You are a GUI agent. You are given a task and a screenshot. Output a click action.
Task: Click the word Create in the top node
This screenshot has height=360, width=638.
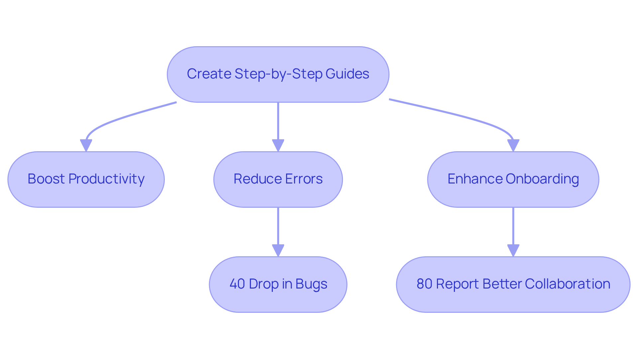click(x=209, y=74)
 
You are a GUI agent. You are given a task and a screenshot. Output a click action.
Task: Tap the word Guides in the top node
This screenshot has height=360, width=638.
click(x=347, y=74)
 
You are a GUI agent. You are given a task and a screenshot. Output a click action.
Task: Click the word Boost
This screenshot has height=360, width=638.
click(x=46, y=179)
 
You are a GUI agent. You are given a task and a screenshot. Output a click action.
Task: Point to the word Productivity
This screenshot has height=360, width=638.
click(x=106, y=179)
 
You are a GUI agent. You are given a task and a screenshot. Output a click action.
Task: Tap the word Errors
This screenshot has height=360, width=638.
click(x=304, y=179)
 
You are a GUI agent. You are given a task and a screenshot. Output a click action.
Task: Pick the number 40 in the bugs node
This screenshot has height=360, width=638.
click(x=237, y=284)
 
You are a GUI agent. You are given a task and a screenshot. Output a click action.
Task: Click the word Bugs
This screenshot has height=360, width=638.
click(x=311, y=284)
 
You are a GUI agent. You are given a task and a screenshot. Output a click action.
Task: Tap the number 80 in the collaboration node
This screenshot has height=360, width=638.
click(x=424, y=284)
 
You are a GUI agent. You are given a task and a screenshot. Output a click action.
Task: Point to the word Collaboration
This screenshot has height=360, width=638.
click(x=568, y=284)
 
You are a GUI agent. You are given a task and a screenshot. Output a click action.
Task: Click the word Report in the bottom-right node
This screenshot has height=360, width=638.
click(x=457, y=284)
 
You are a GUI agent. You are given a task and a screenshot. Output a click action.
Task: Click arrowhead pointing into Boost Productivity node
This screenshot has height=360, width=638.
click(x=86, y=145)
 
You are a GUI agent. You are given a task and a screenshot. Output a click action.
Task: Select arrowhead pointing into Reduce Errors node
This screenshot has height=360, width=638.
click(x=278, y=145)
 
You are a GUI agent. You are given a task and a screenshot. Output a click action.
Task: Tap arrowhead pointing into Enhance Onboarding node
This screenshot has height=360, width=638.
click(x=513, y=145)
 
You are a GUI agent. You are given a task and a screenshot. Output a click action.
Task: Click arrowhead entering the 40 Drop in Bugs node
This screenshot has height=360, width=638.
click(x=278, y=250)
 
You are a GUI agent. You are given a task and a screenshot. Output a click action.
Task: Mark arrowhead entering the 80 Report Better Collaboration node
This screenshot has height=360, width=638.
click(x=513, y=250)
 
